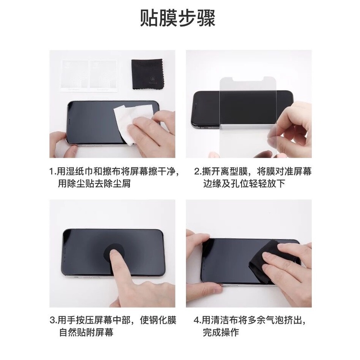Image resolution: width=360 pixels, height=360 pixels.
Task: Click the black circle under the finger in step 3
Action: click(116, 252)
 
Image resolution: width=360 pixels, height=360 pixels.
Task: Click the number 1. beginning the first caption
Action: click(53, 172)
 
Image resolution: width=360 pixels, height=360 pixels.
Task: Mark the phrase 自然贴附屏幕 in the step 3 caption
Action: click(85, 333)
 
